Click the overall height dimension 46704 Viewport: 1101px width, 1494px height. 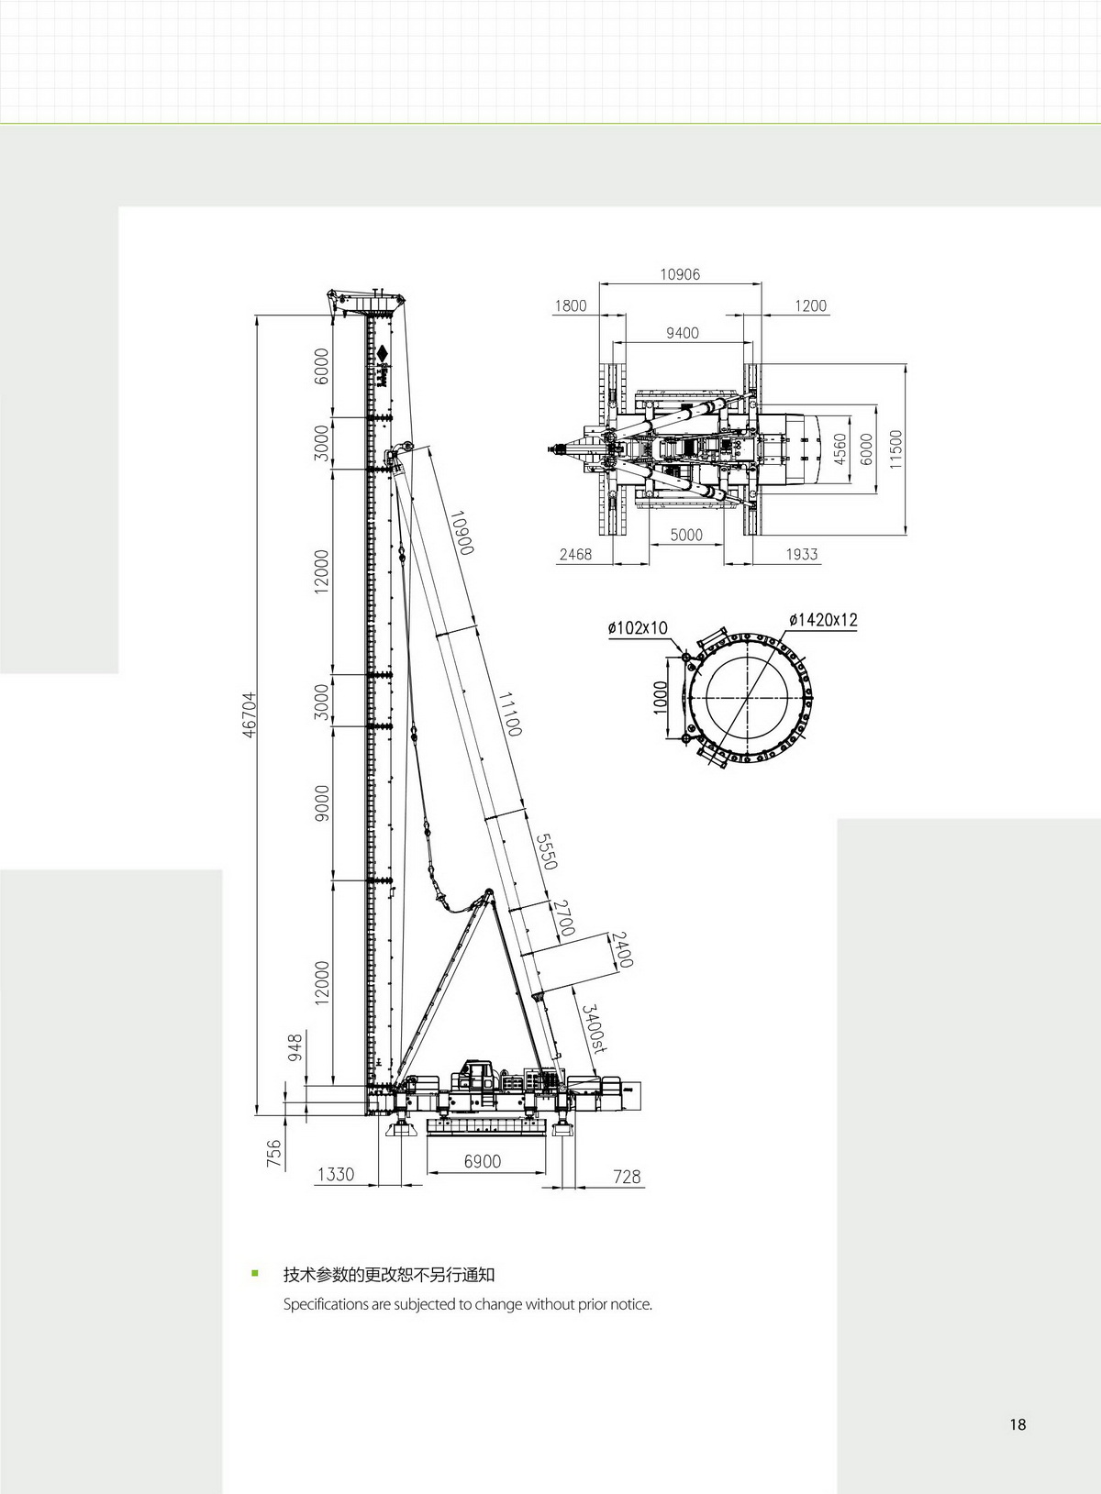(249, 714)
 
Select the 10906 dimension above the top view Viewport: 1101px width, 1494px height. (680, 274)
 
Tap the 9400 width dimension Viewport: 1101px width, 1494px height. (683, 333)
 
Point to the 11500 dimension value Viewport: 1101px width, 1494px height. (896, 449)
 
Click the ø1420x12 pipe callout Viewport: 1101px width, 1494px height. (823, 620)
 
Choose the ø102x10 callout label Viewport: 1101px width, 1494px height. (638, 627)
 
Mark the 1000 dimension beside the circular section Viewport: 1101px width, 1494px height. (660, 697)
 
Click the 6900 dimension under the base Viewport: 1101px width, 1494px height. (483, 1161)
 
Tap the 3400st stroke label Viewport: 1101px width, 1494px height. (593, 1028)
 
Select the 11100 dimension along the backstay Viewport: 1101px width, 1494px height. (509, 714)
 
